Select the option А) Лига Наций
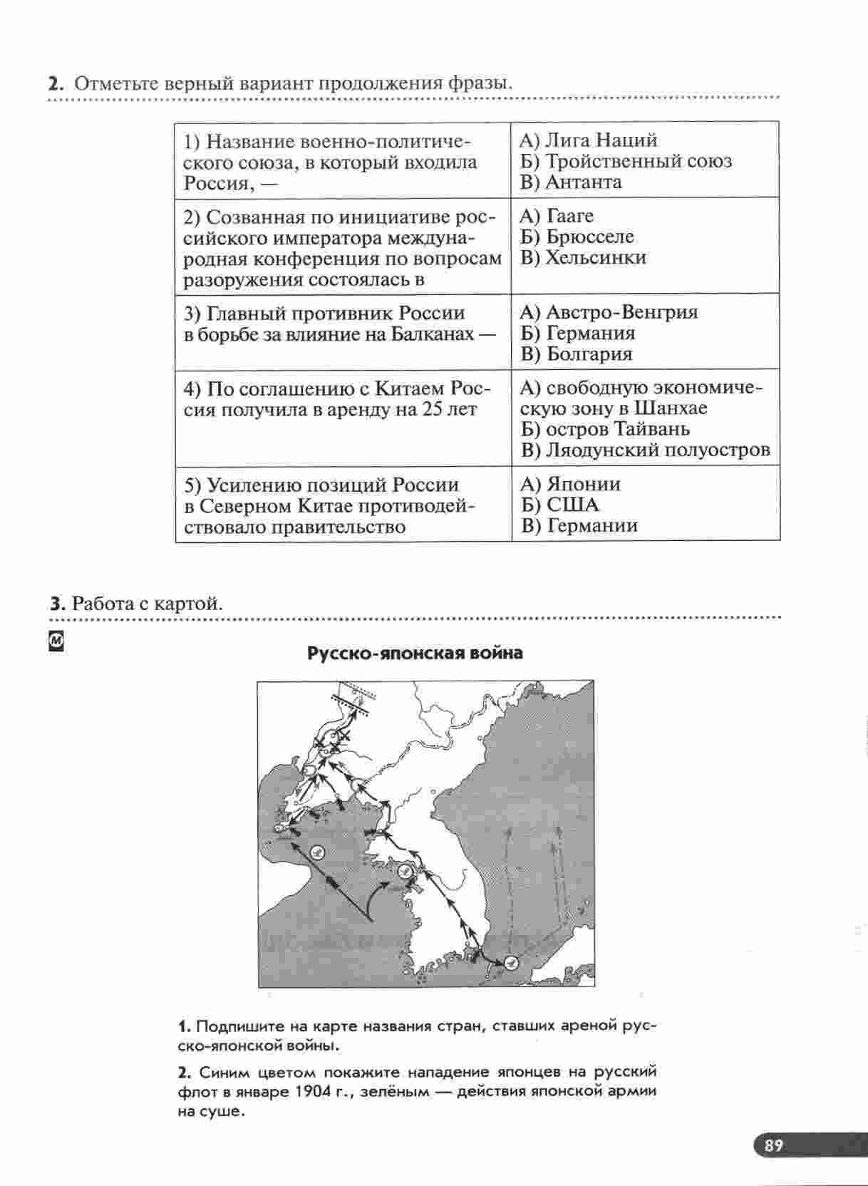pyautogui.click(x=588, y=140)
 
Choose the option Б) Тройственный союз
pyautogui.click(x=625, y=161)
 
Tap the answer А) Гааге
pyautogui.click(x=556, y=216)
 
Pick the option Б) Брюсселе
pyautogui.click(x=577, y=237)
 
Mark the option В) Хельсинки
pyautogui.click(x=582, y=257)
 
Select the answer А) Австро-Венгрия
pyautogui.click(x=609, y=312)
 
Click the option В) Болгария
pyautogui.click(x=577, y=354)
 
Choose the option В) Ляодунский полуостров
pyautogui.click(x=645, y=450)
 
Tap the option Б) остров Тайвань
pyautogui.click(x=605, y=429)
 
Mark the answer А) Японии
pyautogui.click(x=570, y=485)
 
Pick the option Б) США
pyautogui.click(x=559, y=505)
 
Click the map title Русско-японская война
pyautogui.click(x=415, y=653)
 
